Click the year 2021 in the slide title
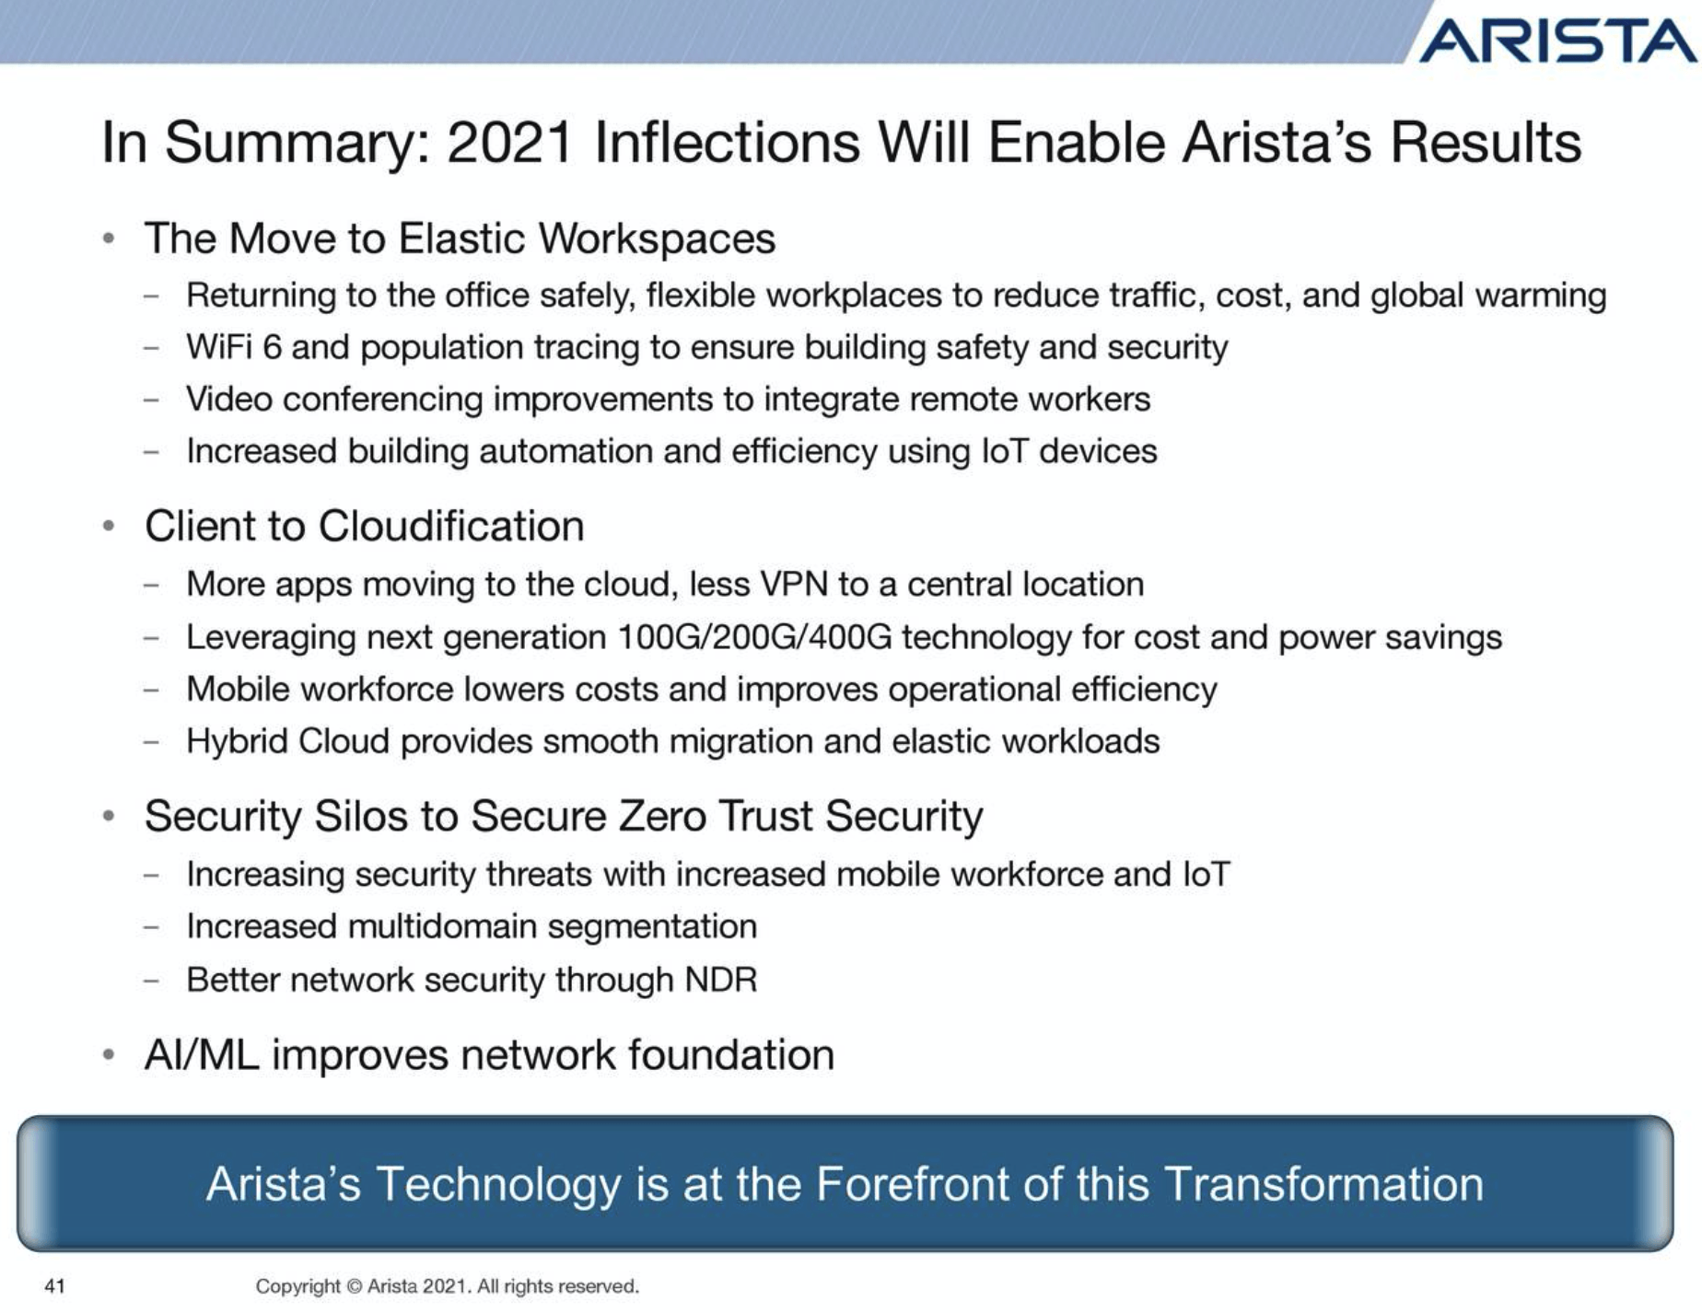point(510,143)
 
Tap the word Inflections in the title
point(728,143)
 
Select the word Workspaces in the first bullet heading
point(657,238)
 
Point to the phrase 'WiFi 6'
point(233,347)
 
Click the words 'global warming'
point(1488,296)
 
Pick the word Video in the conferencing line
point(229,400)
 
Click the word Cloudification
point(451,527)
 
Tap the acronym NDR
point(721,980)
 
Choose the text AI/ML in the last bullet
point(202,1055)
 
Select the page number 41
point(55,1286)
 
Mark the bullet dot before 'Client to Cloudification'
point(109,527)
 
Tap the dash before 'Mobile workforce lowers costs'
point(152,691)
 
